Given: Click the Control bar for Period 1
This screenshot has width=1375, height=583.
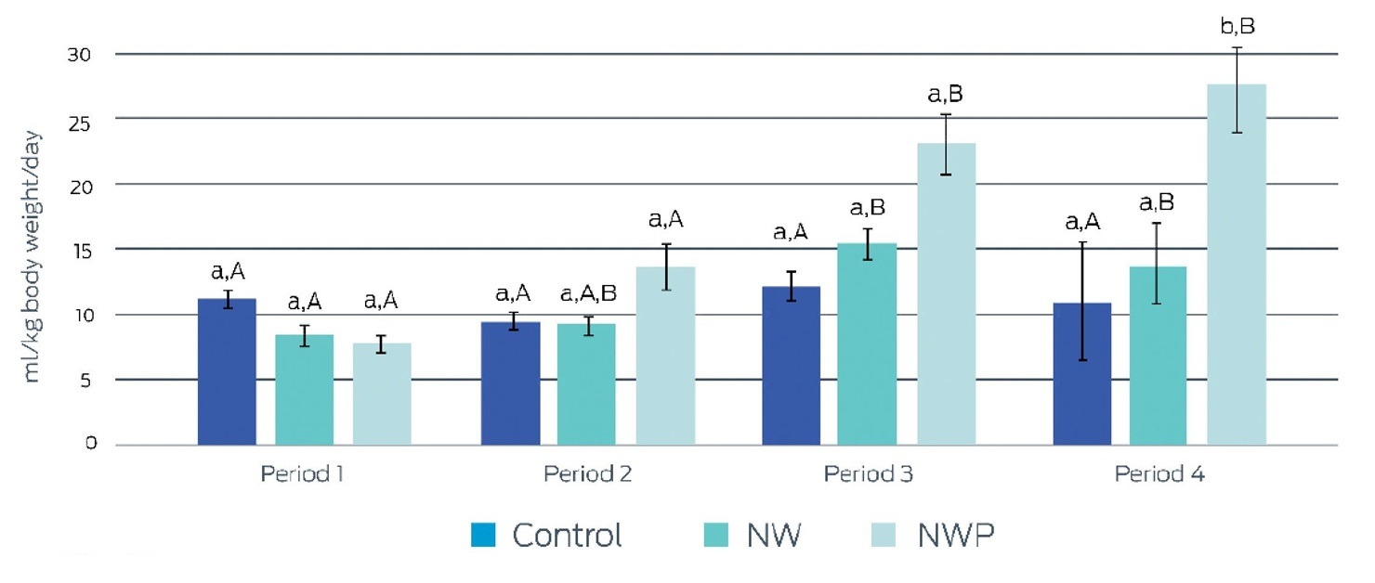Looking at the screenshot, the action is coord(227,372).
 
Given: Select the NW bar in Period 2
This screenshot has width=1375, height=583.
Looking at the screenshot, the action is coord(586,384).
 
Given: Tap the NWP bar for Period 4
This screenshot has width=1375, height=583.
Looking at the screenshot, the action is coord(1237,265).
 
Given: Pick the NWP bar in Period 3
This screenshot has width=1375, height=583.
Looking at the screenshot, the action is coord(947,294).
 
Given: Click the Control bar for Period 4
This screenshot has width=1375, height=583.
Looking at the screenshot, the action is coord(1082,374).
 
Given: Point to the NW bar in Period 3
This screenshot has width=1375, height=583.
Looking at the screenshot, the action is coord(867,344).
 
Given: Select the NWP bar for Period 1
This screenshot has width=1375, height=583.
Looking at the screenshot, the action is coord(382,394).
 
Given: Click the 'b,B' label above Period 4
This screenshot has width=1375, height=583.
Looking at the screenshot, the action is coord(1237,26).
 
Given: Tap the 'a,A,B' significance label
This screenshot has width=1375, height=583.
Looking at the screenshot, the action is coord(588,294).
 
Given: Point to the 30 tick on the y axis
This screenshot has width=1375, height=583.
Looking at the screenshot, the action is coord(79,55).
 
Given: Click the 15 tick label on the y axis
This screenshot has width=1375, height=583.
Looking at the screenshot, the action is coord(80,251).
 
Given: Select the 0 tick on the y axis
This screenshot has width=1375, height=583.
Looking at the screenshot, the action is coord(91,443).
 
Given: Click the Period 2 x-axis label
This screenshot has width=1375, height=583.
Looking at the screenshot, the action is coord(587,473).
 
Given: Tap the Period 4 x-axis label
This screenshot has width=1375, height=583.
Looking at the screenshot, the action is coord(1159,473).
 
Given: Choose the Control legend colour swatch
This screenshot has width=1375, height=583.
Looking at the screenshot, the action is coord(483,535).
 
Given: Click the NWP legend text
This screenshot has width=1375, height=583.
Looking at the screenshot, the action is coord(956,535).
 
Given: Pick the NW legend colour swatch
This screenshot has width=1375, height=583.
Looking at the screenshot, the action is coord(715,535).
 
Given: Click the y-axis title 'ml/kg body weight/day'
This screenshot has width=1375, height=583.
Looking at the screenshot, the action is coord(32,256).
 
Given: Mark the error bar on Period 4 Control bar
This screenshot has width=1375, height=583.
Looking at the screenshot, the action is coord(1083,302).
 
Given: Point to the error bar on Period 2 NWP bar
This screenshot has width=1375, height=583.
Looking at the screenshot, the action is coord(666,267).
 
